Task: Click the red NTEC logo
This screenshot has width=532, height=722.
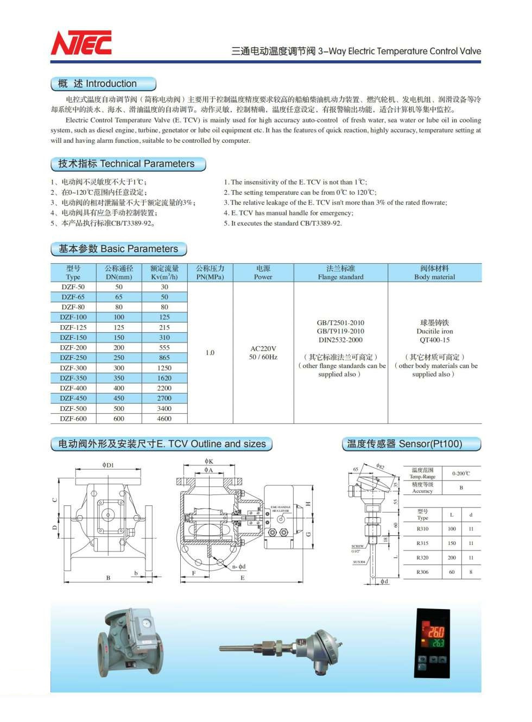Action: (x=81, y=43)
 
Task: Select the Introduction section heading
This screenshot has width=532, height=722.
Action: (x=103, y=84)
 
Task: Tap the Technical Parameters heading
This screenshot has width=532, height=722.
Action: (x=128, y=163)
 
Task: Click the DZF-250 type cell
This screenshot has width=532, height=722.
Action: (x=73, y=358)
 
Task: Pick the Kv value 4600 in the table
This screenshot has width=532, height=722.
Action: (x=164, y=419)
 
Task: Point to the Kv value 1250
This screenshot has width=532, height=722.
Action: (x=164, y=368)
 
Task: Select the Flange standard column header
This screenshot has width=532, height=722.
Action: (x=340, y=273)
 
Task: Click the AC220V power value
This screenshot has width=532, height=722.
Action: (x=263, y=349)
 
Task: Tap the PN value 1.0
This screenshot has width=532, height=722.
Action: (x=210, y=353)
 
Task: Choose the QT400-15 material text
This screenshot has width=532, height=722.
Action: (x=434, y=340)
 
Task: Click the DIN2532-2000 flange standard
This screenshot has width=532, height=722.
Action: (x=340, y=340)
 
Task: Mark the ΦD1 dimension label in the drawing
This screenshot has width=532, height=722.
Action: (x=108, y=465)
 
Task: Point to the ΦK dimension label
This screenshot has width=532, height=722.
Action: (x=209, y=461)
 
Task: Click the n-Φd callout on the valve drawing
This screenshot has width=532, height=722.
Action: (x=239, y=567)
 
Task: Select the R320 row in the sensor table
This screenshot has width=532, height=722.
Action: (x=422, y=558)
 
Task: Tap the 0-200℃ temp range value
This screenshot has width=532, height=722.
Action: (x=461, y=473)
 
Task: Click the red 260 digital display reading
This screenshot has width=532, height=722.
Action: (x=436, y=632)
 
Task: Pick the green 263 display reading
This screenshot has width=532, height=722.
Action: (x=438, y=643)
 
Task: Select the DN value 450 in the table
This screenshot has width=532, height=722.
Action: (x=119, y=398)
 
